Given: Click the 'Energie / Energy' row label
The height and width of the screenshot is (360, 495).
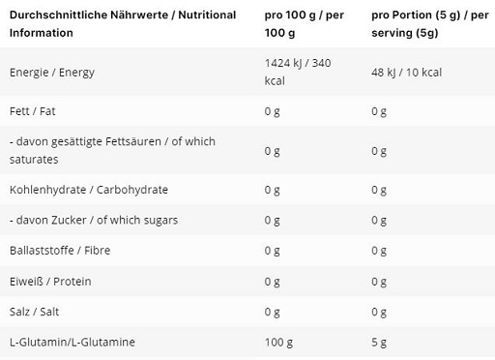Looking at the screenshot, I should tap(51, 71).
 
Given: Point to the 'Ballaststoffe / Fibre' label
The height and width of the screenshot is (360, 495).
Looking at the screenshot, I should tap(58, 251).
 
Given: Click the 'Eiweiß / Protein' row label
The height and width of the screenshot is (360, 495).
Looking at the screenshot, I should tap(45, 282).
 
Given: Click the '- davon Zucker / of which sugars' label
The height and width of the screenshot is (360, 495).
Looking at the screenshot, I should tap(93, 220).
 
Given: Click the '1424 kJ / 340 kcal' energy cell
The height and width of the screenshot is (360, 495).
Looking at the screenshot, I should tap(298, 71).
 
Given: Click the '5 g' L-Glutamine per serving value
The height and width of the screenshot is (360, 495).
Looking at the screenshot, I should tap(378, 344).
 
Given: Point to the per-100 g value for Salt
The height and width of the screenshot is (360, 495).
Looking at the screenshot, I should tap(272, 313).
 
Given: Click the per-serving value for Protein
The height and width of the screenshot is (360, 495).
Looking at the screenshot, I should tap(378, 282).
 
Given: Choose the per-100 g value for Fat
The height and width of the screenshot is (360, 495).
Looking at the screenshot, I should tap(272, 111).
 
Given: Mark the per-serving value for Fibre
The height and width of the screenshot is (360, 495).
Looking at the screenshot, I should tap(378, 251).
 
